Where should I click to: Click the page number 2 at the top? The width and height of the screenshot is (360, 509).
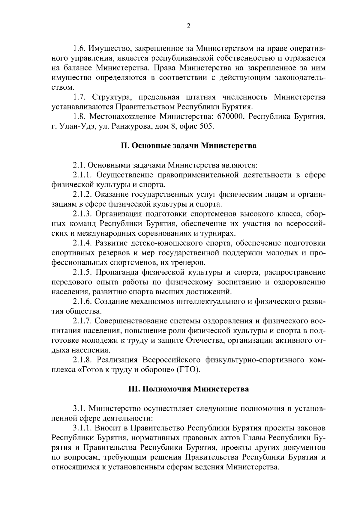pyautogui.click(x=188, y=26)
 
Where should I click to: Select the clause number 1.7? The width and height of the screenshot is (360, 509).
pyautogui.click(x=79, y=97)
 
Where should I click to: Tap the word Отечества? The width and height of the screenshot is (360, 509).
pyautogui.click(x=206, y=341)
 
